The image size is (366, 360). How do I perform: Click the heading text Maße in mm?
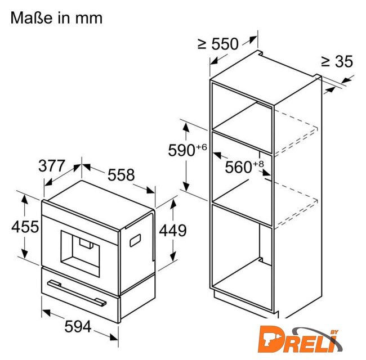click(56, 18)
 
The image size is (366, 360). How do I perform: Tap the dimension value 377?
click(51, 166)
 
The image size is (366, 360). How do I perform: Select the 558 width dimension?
click(121, 174)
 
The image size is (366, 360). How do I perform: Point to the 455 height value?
click(25, 226)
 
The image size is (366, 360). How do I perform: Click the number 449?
click(173, 231)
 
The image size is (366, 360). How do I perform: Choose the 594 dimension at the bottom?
click(78, 326)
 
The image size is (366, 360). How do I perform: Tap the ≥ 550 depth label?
click(218, 44)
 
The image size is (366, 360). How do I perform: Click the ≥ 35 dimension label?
click(337, 61)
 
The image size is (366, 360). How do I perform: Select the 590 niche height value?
click(181, 150)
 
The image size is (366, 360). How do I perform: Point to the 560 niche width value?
click(238, 167)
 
